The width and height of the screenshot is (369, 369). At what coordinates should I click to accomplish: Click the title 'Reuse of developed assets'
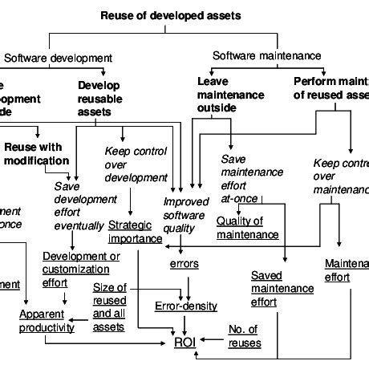tap(169, 15)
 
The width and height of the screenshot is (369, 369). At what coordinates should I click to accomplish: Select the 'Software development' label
tap(58, 58)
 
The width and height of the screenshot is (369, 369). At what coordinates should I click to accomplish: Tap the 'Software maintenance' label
tap(266, 55)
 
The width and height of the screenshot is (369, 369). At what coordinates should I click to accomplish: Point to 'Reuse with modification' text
tap(36, 153)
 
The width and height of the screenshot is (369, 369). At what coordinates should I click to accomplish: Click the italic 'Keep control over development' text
tap(134, 164)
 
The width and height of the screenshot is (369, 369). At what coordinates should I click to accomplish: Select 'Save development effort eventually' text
tap(79, 205)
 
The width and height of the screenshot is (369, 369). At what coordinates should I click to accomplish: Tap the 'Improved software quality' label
tap(185, 215)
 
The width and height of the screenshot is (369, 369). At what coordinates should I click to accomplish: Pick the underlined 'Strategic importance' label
tap(135, 231)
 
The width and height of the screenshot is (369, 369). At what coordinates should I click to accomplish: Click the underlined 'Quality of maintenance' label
tap(247, 228)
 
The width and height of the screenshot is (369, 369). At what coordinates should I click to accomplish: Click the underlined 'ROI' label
tap(184, 343)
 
